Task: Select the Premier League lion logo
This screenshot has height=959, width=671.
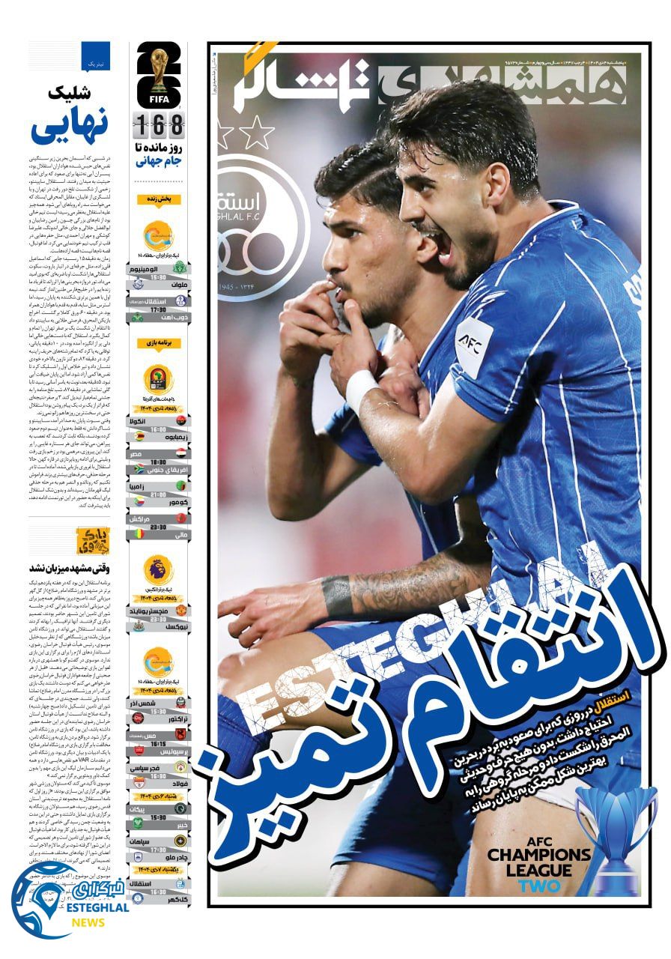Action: pyautogui.click(x=158, y=571)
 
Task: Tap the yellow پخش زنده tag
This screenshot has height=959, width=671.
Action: pyautogui.click(x=158, y=200)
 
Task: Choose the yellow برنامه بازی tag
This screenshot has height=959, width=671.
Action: pyautogui.click(x=158, y=343)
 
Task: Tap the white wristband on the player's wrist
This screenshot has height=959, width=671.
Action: pyautogui.click(x=361, y=390)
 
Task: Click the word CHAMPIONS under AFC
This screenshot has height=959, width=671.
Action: pyautogui.click(x=539, y=855)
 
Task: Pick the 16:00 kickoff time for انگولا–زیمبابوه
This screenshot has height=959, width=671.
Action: pyautogui.click(x=158, y=430)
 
